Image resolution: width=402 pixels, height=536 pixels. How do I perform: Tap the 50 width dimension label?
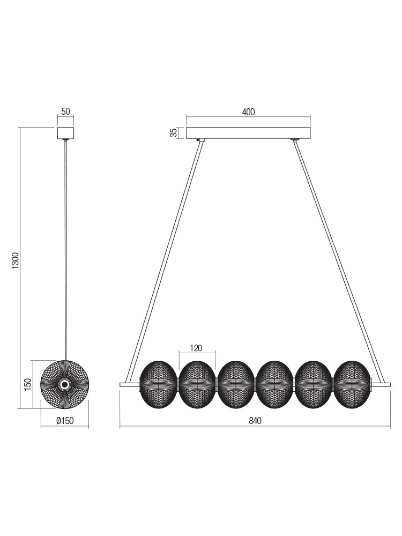65,111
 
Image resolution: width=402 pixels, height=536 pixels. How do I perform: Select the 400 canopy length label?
249,112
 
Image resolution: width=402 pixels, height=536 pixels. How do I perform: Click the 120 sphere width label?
196,348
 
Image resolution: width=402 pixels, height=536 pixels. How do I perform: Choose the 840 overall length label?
255,420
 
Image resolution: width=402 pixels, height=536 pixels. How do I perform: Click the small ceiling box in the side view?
65,133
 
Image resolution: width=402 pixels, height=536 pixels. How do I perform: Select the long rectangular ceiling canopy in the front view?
248,133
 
